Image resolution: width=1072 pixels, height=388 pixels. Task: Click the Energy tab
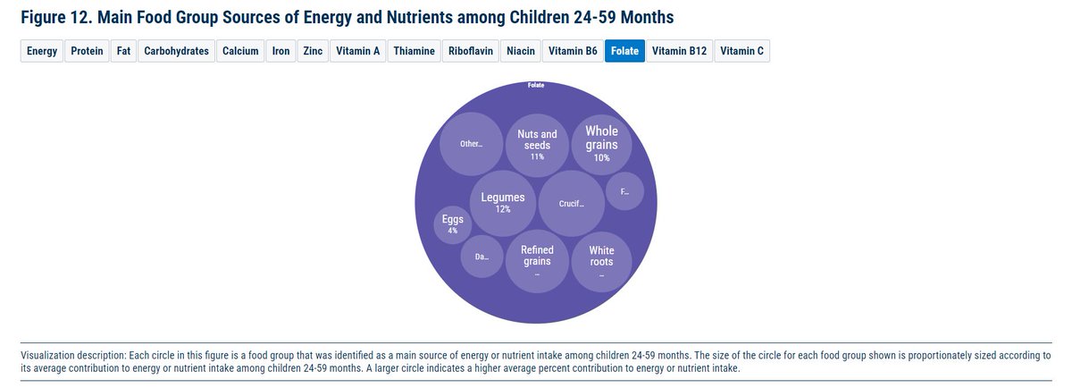[x=42, y=51]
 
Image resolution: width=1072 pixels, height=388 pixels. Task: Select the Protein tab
[x=87, y=51]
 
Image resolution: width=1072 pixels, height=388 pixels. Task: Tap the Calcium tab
[x=240, y=51]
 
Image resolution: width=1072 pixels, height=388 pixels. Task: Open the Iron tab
[x=281, y=51]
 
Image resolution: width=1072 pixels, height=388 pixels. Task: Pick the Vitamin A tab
[x=358, y=51]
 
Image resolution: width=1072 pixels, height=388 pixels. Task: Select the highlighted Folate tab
[x=624, y=51]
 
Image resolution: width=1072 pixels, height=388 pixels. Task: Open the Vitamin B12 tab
[x=679, y=51]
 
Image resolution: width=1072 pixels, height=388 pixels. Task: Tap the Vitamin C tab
[x=741, y=51]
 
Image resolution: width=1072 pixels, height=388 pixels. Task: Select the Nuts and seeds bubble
[x=537, y=145]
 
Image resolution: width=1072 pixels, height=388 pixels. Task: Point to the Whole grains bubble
[x=601, y=143]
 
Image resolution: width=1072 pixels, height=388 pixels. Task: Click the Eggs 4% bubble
[x=453, y=224]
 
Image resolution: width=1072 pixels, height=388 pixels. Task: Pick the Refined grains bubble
[x=537, y=261]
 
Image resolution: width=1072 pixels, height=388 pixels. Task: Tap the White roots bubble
[x=601, y=262]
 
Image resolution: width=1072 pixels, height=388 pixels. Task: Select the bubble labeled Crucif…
[x=572, y=204]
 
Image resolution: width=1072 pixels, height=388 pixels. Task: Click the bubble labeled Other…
[x=471, y=144]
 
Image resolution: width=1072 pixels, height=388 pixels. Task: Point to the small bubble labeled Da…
[x=482, y=257]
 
